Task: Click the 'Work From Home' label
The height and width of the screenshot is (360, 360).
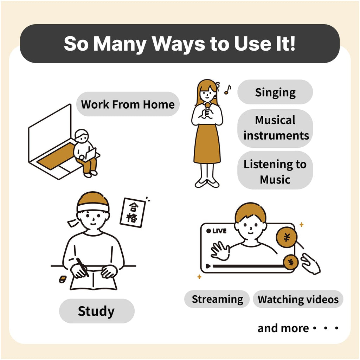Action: (x=128, y=104)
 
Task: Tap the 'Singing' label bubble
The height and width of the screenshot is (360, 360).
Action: (x=275, y=92)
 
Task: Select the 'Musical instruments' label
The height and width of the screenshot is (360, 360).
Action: (x=275, y=128)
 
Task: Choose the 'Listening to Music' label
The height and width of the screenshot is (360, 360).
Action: (x=275, y=170)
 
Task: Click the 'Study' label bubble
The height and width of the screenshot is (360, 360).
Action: (x=97, y=311)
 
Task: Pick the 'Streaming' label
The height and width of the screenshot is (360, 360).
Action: (x=217, y=299)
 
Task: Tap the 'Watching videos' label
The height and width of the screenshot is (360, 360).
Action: (x=298, y=299)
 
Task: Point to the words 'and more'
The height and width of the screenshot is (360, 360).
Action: (x=283, y=328)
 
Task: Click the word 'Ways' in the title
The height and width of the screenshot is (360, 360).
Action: (x=179, y=44)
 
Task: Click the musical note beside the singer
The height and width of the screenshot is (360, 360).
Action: (x=228, y=90)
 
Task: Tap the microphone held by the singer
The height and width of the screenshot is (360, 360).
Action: (x=207, y=110)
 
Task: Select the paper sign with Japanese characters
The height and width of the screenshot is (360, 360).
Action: (x=133, y=213)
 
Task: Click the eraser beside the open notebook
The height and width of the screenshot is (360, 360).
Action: (x=63, y=279)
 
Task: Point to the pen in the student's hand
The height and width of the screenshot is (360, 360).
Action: (x=83, y=267)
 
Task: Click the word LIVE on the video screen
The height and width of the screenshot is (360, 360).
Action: (x=219, y=231)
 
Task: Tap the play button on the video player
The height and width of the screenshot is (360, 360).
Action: (x=208, y=266)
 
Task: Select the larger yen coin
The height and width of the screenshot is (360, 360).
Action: (x=287, y=237)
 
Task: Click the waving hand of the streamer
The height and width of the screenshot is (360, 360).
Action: (x=220, y=251)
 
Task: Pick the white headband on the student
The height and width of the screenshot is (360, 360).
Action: (x=93, y=208)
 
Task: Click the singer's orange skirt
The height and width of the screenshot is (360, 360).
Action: (x=207, y=143)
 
